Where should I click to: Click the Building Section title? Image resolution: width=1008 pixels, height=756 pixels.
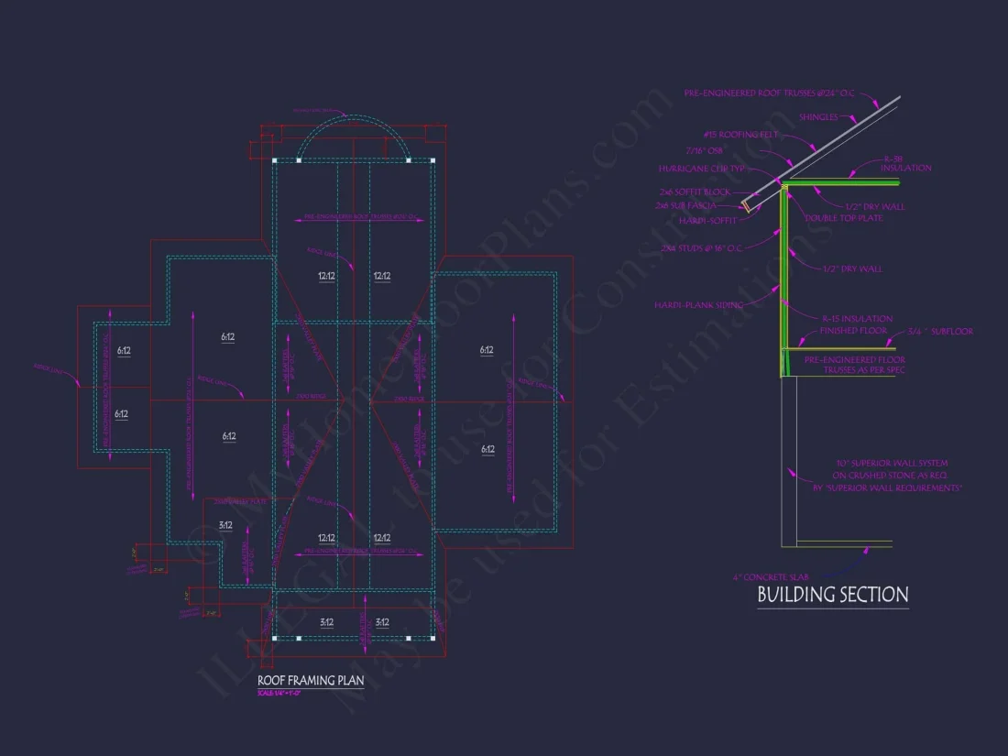(832, 595)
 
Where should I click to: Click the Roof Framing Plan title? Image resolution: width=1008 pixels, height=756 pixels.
(311, 680)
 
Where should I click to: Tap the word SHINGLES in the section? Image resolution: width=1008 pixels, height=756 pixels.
(818, 116)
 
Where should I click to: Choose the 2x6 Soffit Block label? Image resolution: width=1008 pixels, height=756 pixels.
(695, 192)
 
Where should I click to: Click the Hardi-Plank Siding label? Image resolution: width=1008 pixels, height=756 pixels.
(698, 305)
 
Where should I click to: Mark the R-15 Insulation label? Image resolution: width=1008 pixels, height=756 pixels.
(857, 318)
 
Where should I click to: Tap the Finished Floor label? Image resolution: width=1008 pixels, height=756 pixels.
(851, 330)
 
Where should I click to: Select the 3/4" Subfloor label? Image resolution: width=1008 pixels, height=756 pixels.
(940, 332)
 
